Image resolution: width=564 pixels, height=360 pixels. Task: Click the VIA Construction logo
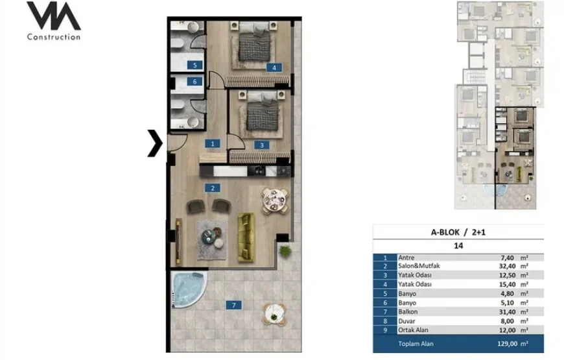click(x=54, y=21)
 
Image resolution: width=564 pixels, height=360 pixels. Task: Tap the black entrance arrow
click(x=156, y=143)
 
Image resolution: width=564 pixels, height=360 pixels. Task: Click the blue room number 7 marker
click(x=234, y=306)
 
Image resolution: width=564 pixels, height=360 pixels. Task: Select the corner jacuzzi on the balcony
click(x=188, y=289)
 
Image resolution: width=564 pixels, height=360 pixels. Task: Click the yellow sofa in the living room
click(x=246, y=237)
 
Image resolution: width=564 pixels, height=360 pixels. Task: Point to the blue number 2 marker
click(x=213, y=188)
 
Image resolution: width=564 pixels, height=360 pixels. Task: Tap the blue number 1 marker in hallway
click(x=213, y=143)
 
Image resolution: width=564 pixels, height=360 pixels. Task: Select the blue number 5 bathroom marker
click(x=195, y=65)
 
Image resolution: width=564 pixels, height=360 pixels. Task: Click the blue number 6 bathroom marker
click(x=195, y=82)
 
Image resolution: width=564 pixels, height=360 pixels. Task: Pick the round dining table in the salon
click(x=275, y=201)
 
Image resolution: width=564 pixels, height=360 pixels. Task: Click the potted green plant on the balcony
click(x=285, y=251)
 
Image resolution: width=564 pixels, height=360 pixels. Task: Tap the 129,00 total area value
click(x=507, y=344)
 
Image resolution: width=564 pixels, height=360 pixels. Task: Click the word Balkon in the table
click(x=408, y=312)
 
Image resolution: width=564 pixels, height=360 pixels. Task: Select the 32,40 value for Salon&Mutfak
click(x=508, y=267)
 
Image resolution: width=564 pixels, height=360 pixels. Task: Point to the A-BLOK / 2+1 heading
click(x=458, y=233)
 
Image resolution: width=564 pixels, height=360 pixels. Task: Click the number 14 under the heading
click(x=458, y=246)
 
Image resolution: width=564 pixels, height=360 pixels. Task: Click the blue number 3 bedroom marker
click(x=262, y=145)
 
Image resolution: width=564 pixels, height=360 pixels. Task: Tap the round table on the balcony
click(x=274, y=315)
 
